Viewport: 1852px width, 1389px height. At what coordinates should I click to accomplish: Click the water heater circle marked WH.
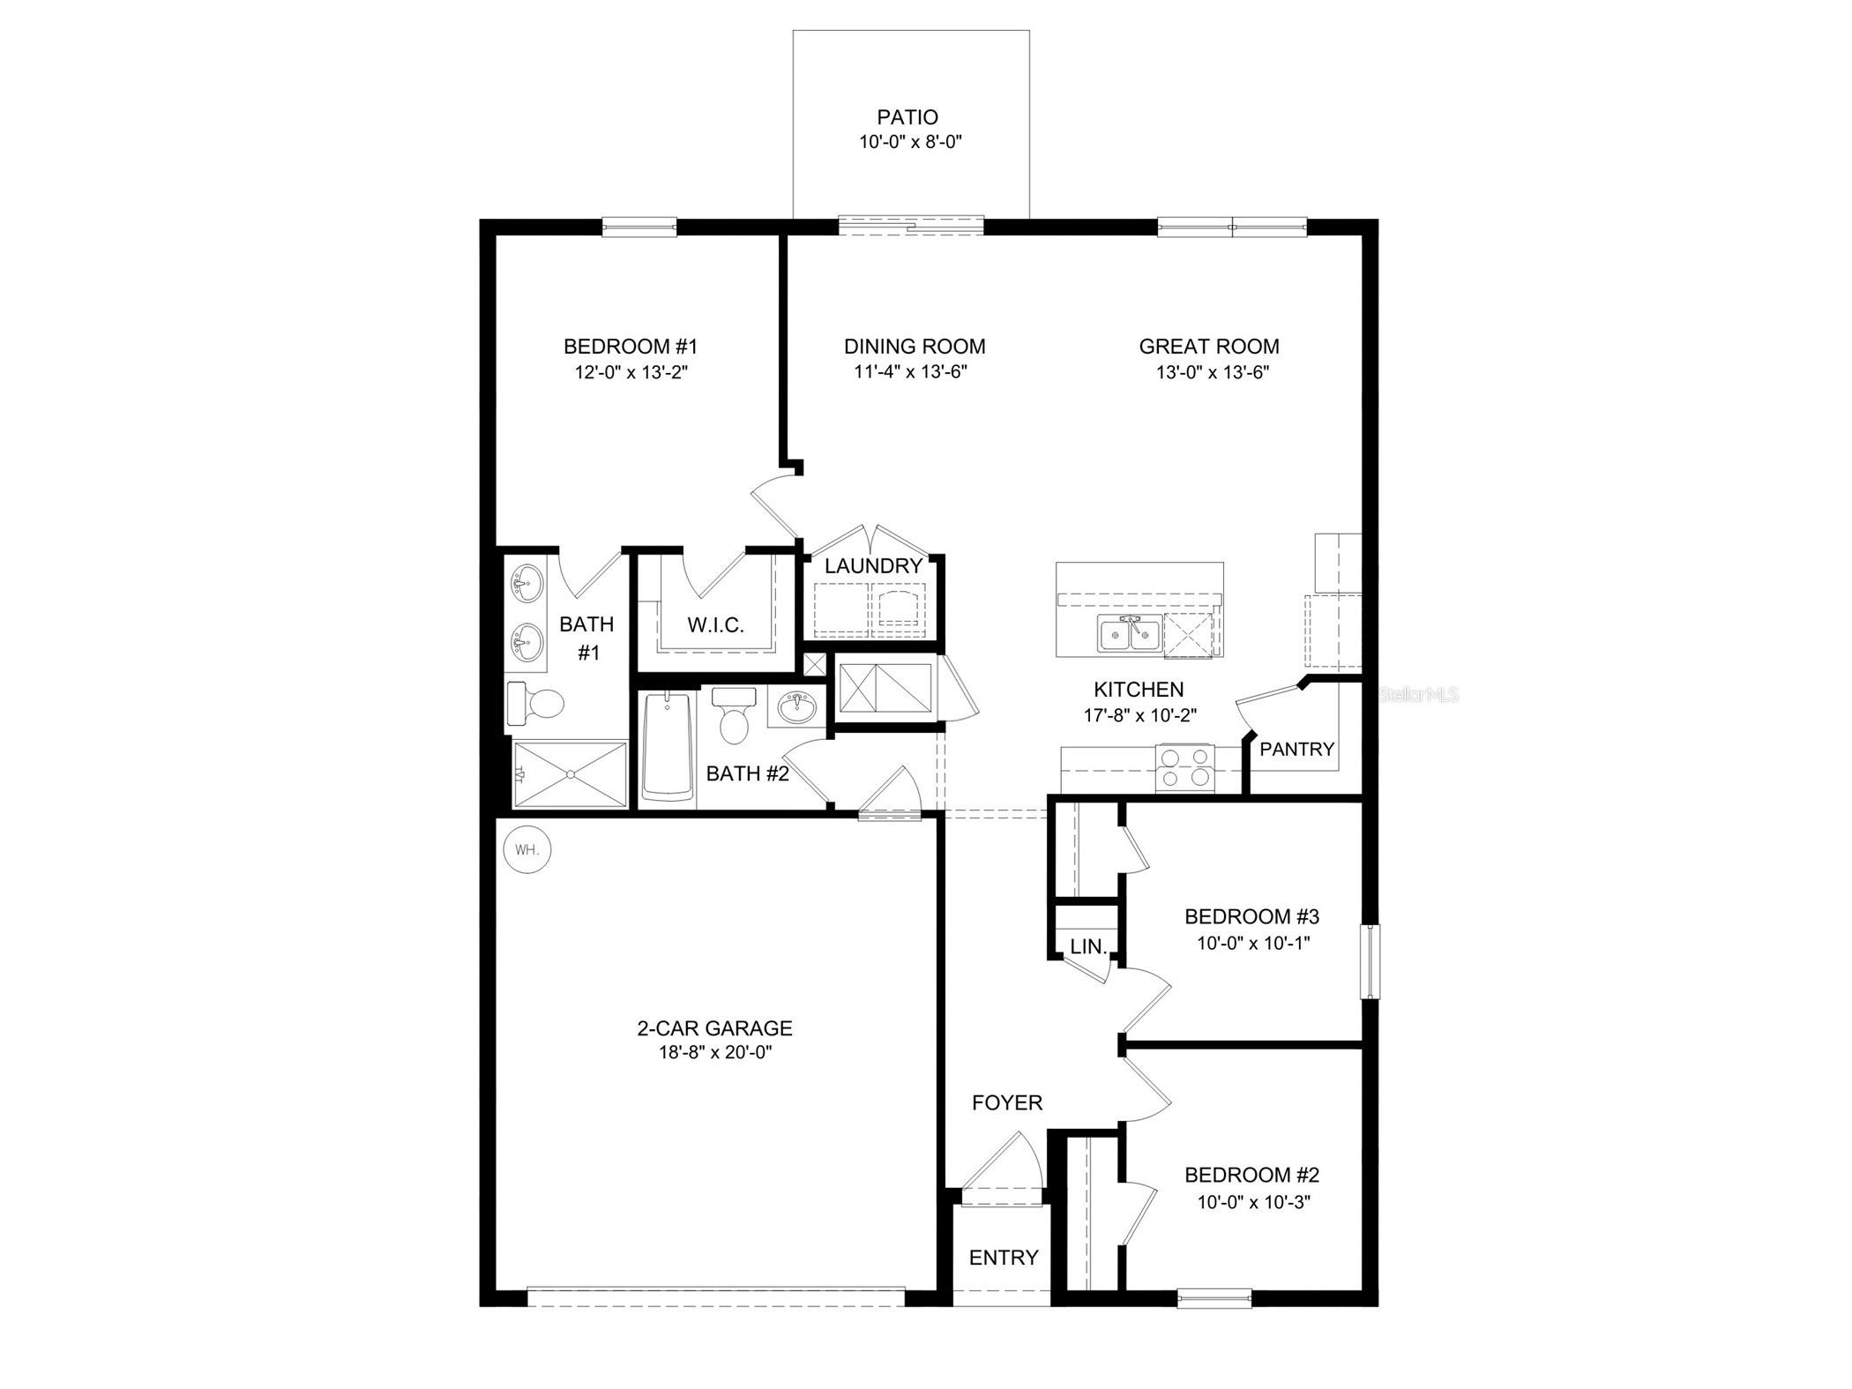527,851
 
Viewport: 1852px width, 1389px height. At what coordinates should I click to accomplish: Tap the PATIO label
907,117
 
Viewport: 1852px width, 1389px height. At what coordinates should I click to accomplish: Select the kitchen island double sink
1129,634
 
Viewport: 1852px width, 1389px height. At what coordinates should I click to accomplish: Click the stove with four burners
1184,767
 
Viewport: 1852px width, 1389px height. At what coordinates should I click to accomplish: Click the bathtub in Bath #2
667,747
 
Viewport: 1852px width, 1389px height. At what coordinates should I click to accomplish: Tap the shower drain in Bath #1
571,774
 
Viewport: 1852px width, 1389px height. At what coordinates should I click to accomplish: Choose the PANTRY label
1296,750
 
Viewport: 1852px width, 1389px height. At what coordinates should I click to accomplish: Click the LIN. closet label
1088,947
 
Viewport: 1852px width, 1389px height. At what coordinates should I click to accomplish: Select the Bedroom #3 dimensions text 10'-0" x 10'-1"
1252,943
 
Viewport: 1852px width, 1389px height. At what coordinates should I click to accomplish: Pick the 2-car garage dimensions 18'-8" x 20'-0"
714,1052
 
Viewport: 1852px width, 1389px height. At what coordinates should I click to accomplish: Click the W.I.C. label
716,625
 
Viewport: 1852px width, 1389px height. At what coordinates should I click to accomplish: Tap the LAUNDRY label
873,566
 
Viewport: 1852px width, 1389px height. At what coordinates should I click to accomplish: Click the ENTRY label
1004,1258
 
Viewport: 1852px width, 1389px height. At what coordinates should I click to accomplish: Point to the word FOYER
1007,1102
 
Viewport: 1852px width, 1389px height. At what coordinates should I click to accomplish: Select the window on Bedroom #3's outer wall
1370,961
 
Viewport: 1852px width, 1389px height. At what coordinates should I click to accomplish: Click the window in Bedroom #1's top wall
639,228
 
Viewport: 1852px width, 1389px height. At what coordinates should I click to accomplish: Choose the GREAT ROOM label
1208,347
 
